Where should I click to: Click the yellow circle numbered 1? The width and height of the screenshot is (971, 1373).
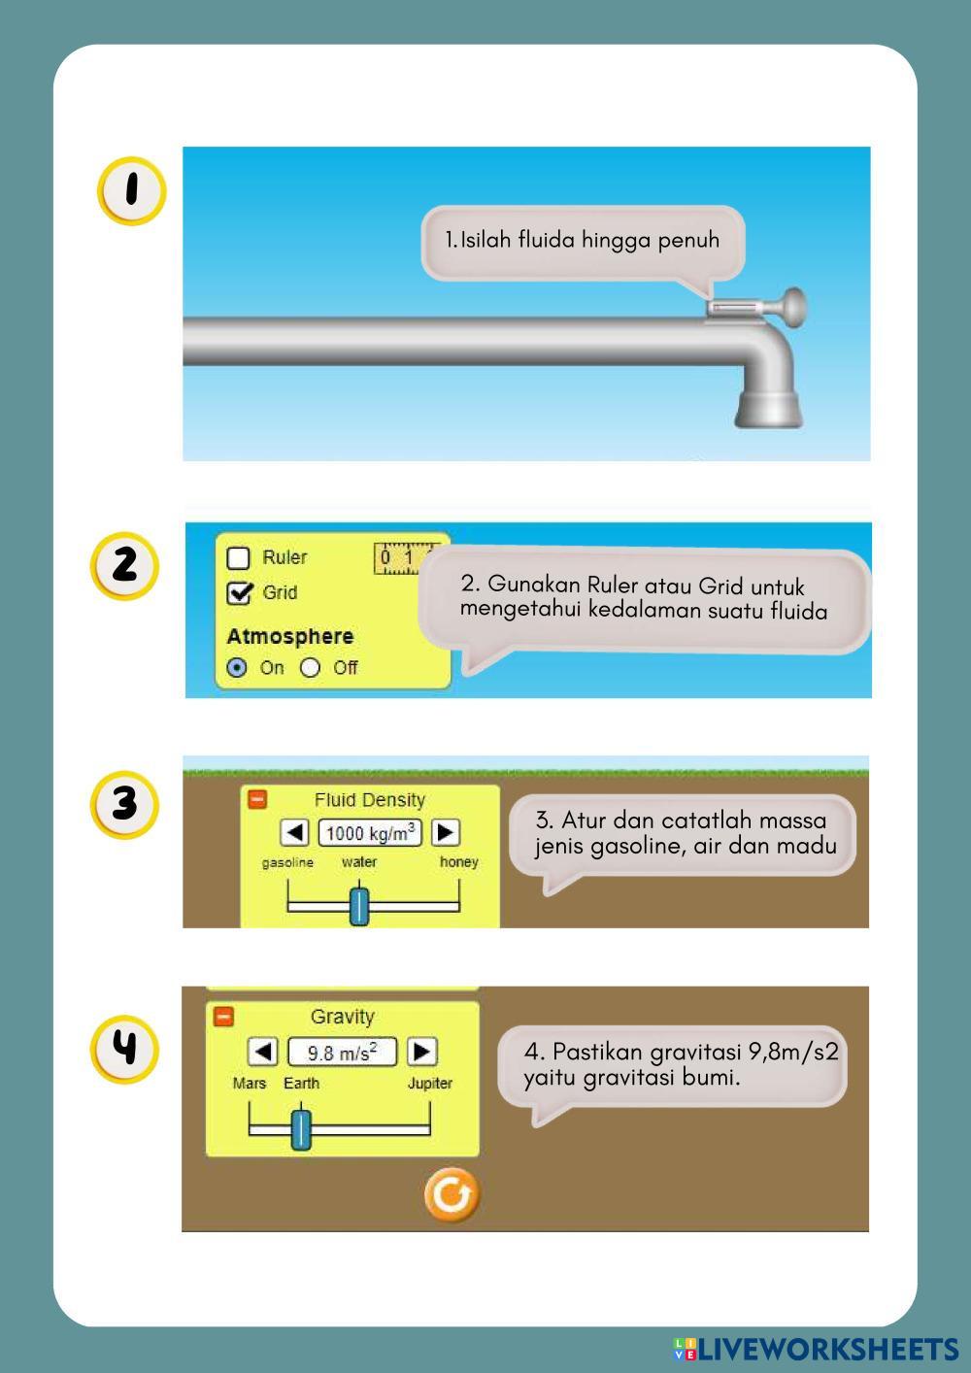(x=131, y=190)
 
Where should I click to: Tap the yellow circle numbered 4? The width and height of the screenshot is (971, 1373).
(x=124, y=1050)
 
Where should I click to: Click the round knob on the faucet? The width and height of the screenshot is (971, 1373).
(x=794, y=307)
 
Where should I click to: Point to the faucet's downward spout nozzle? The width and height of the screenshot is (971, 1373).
(x=768, y=410)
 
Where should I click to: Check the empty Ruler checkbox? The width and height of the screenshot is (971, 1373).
(x=239, y=557)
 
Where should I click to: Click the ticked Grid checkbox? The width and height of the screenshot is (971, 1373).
(x=239, y=592)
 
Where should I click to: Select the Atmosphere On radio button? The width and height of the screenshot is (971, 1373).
(x=237, y=667)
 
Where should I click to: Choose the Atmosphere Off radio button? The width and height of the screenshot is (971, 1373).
(x=310, y=667)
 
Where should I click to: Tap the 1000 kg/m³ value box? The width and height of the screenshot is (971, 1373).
(x=370, y=833)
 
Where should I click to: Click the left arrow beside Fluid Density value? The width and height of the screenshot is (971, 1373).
(x=294, y=832)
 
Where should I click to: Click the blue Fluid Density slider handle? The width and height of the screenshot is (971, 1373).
(x=359, y=906)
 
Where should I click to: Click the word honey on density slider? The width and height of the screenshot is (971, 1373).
(x=458, y=862)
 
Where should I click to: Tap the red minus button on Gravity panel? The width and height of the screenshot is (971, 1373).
(x=223, y=1017)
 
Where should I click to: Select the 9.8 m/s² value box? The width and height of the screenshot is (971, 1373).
(x=342, y=1053)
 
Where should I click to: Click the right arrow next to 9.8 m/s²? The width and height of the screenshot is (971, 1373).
(x=422, y=1052)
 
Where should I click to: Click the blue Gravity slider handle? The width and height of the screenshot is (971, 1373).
(x=301, y=1128)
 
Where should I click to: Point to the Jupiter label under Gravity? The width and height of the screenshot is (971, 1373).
(x=430, y=1084)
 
